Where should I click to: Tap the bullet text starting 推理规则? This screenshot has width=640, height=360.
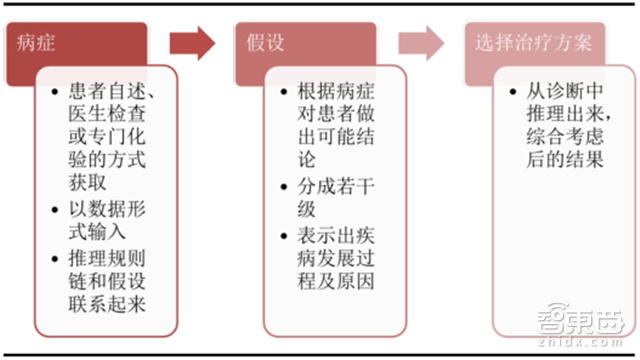pyautogui.click(x=111, y=280)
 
